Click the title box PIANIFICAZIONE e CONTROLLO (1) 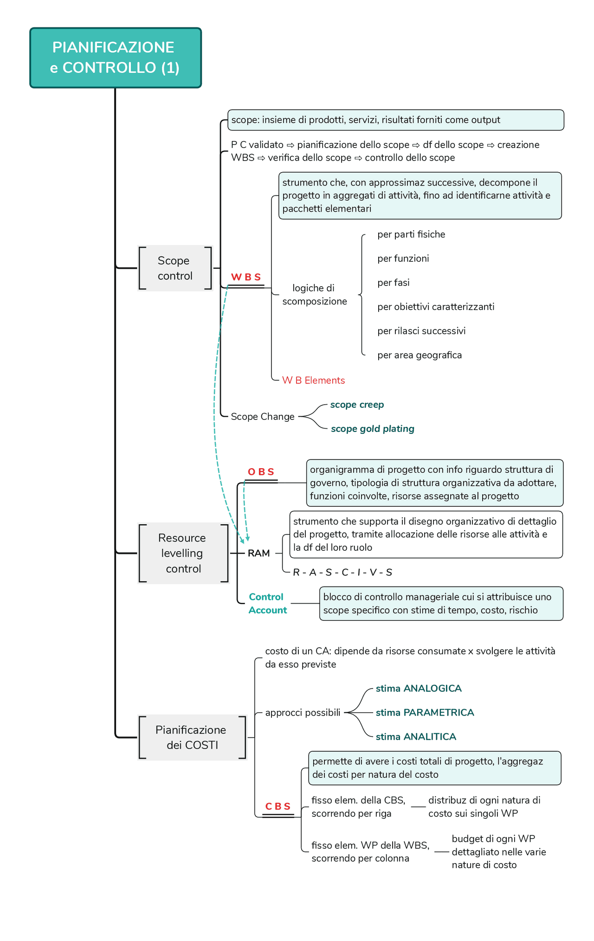pyautogui.click(x=116, y=58)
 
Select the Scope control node pyautogui.click(x=175, y=268)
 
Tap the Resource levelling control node pyautogui.click(x=183, y=553)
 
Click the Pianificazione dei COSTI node pyautogui.click(x=192, y=737)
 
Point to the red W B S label pyautogui.click(x=246, y=277)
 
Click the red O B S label pyautogui.click(x=261, y=472)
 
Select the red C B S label pyautogui.click(x=278, y=806)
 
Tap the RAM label pyautogui.click(x=259, y=553)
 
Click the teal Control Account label pyautogui.click(x=267, y=603)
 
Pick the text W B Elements pyautogui.click(x=313, y=380)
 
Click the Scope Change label pyautogui.click(x=263, y=417)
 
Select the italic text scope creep pyautogui.click(x=357, y=405)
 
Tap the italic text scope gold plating pyautogui.click(x=372, y=429)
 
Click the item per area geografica pyautogui.click(x=420, y=355)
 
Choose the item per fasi pyautogui.click(x=393, y=283)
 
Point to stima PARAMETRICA pyautogui.click(x=425, y=713)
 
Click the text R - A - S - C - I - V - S pyautogui.click(x=342, y=573)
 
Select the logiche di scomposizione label pyautogui.click(x=314, y=295)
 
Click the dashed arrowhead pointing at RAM pyautogui.click(x=248, y=539)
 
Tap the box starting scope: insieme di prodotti pyautogui.click(x=395, y=120)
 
